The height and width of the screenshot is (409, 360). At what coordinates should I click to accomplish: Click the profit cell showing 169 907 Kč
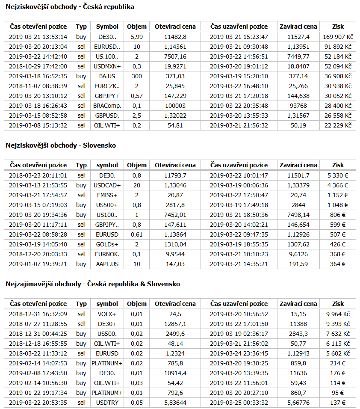coord(337,37)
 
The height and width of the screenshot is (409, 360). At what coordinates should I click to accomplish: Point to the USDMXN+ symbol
coord(107,66)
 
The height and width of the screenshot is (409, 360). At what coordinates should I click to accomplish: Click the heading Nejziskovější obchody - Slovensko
coord(61,145)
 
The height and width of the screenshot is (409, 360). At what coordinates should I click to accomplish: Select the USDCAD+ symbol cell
coord(107,185)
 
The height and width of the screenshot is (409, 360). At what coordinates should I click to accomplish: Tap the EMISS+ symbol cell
coord(107,195)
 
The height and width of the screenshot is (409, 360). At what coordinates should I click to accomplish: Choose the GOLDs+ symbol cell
coord(107,244)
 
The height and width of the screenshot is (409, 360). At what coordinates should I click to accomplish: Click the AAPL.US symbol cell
coord(107,264)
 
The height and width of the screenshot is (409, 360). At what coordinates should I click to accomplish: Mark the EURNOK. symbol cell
coord(107,254)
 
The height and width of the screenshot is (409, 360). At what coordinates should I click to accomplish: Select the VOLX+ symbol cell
coord(107,314)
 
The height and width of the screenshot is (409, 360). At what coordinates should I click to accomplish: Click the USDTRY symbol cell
coord(107,403)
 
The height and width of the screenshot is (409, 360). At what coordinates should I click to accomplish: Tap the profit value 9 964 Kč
coord(338,314)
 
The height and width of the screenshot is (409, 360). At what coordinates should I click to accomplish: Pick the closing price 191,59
coord(298,264)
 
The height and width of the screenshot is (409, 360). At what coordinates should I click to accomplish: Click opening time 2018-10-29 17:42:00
coord(38,66)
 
